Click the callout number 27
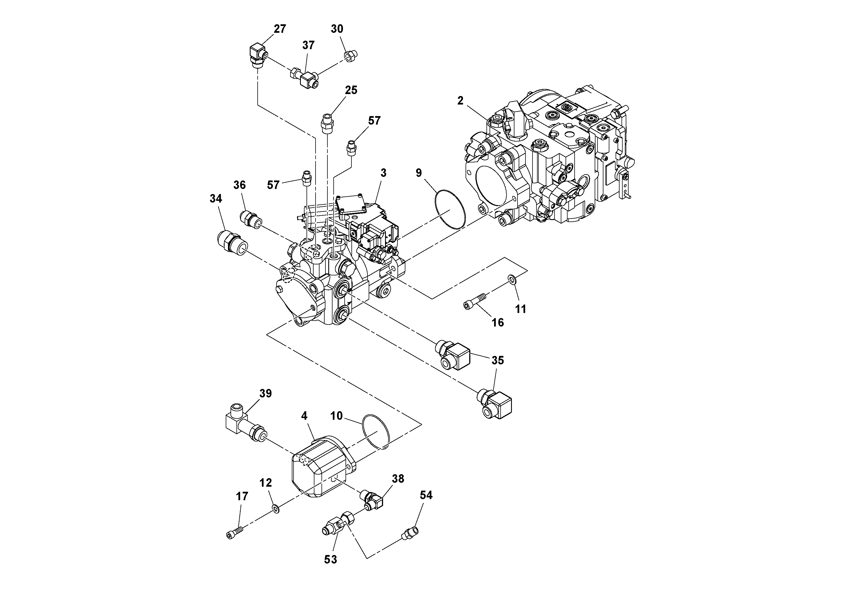(x=280, y=29)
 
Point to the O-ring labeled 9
(x=450, y=210)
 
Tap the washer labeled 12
(x=276, y=508)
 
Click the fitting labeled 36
(x=251, y=219)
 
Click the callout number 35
(x=497, y=360)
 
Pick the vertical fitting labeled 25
(x=327, y=125)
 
